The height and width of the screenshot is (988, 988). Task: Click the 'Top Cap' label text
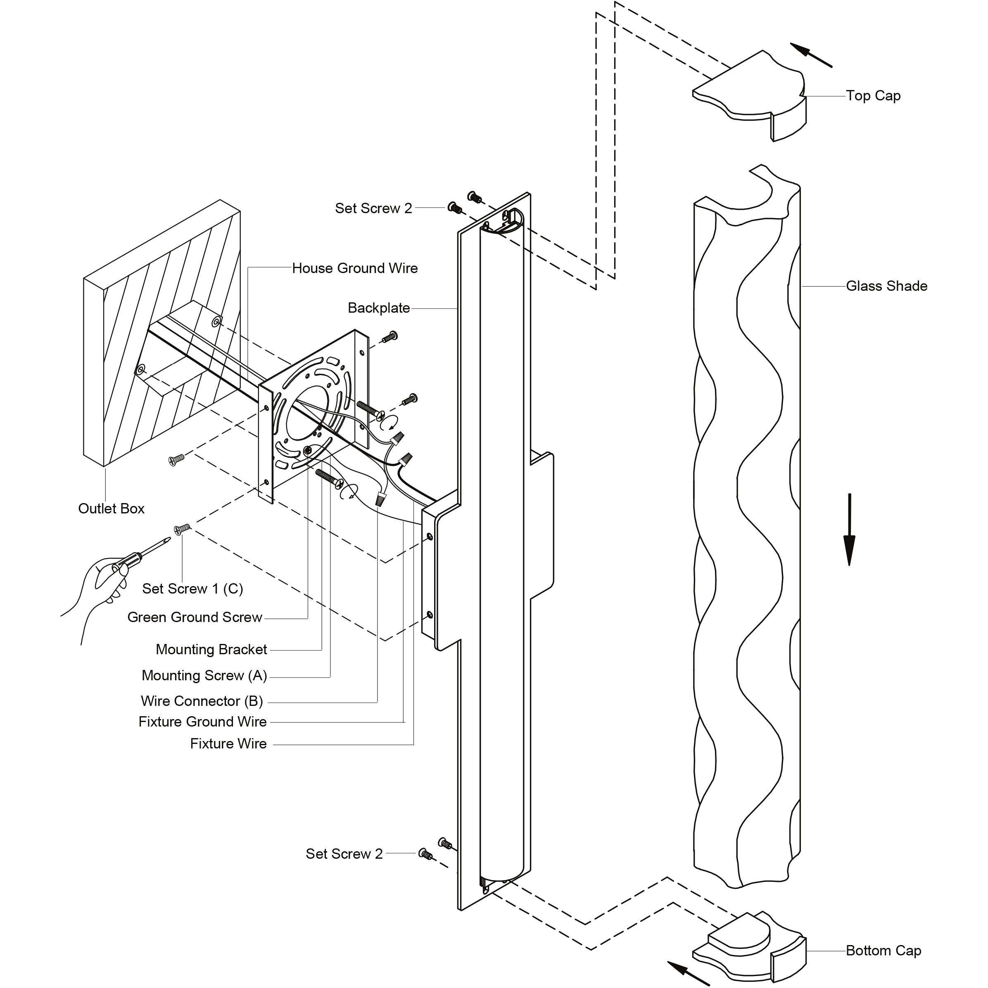point(873,96)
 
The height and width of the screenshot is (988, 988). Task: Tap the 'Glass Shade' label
point(886,286)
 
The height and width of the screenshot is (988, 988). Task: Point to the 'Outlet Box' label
point(112,508)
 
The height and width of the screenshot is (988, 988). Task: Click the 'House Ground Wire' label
point(355,268)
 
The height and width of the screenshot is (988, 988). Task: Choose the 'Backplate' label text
point(379,308)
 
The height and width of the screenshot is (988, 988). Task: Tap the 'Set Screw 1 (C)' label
point(193,589)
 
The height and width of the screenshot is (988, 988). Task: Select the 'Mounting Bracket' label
point(211,649)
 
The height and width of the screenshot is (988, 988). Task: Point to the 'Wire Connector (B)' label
point(202,701)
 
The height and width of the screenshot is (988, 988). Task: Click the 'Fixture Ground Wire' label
point(202,722)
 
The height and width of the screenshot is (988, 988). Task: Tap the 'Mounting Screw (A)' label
point(204,676)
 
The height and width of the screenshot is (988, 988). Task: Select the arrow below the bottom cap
point(688,973)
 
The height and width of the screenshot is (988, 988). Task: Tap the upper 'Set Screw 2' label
point(373,208)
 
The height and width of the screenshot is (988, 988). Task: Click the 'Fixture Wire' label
point(228,743)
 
